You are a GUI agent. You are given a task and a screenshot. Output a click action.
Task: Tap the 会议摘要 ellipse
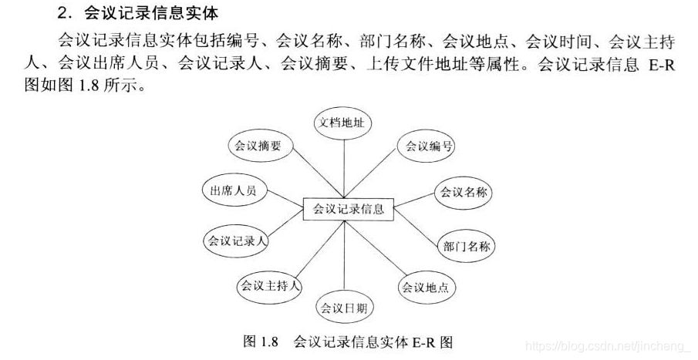point(258,145)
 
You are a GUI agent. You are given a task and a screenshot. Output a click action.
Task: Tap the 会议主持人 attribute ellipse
point(268,285)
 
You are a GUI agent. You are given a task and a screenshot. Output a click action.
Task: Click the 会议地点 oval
point(424,288)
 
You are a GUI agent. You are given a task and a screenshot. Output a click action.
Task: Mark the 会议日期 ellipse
point(343,308)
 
